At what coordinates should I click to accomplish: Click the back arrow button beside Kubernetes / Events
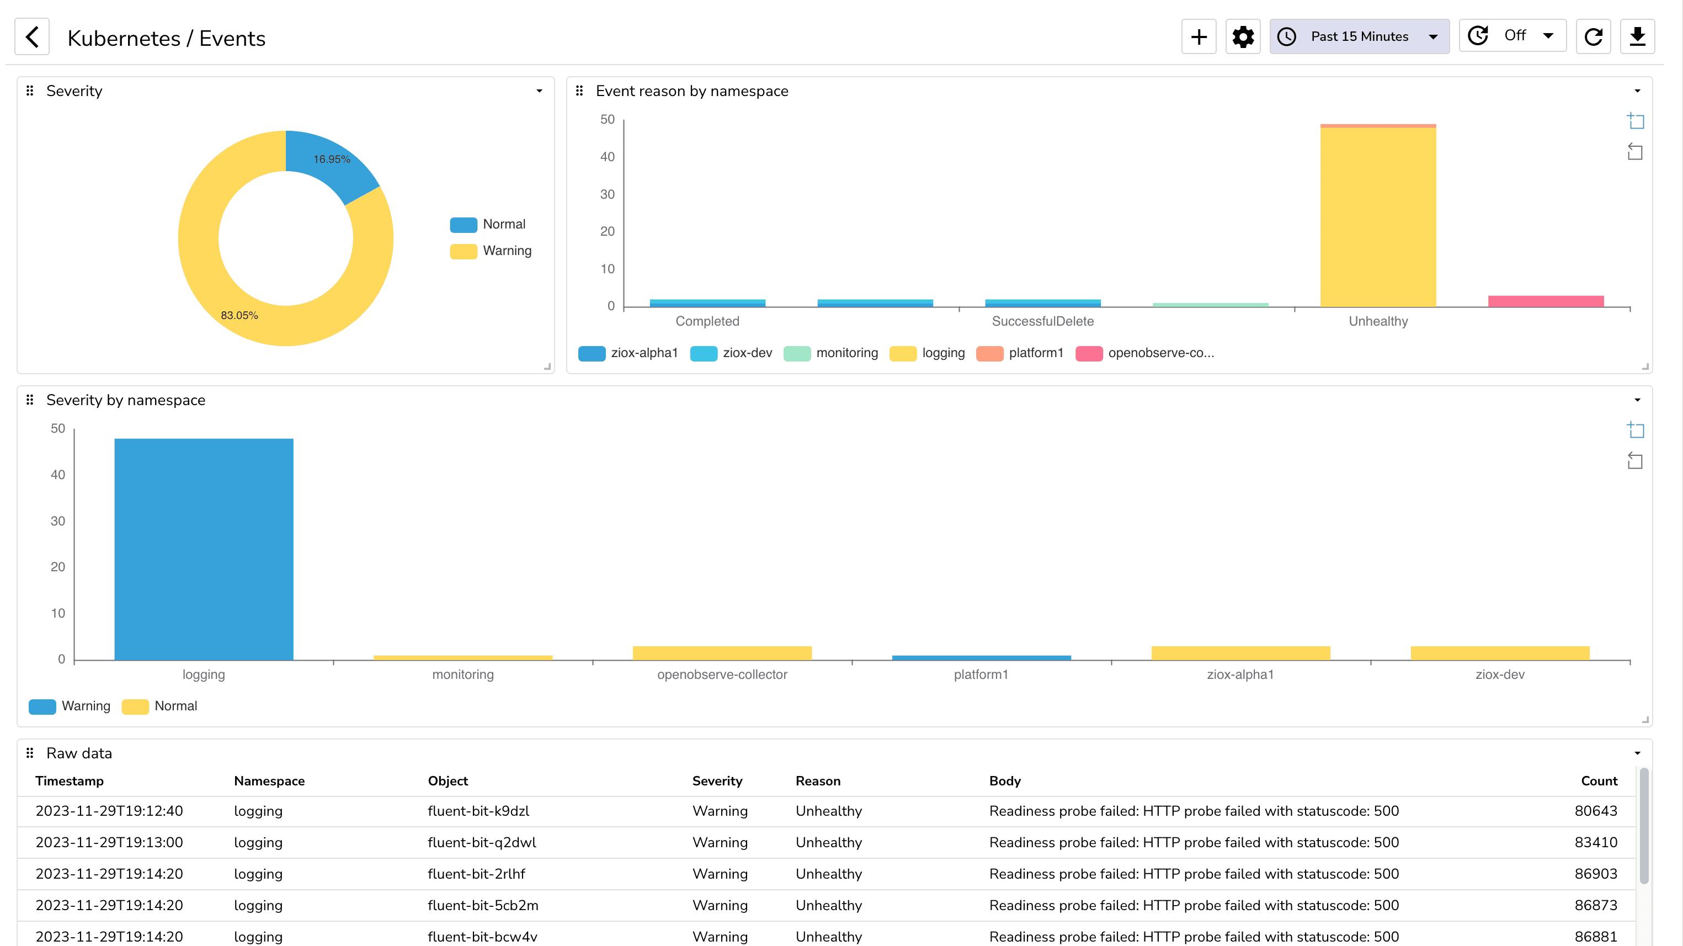[32, 36]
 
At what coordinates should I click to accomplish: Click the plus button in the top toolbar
[1198, 36]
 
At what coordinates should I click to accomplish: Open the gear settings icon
[1243, 36]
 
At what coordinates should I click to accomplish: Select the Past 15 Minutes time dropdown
[1359, 36]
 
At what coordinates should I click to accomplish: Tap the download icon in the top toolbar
[1637, 36]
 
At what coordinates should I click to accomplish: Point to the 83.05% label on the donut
[239, 315]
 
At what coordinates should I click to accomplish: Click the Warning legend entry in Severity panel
[507, 251]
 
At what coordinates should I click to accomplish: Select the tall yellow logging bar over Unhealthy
[1378, 216]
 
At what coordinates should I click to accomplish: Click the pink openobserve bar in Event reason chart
[1545, 301]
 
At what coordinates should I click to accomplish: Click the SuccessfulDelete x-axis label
[1042, 321]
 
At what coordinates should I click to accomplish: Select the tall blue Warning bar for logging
[203, 549]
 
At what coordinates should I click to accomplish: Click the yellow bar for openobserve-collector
[722, 653]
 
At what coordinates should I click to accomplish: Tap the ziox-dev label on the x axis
[1499, 674]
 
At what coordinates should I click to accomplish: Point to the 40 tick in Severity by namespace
[57, 475]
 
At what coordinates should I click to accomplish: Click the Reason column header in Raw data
[817, 781]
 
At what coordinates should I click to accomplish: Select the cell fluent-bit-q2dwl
[482, 842]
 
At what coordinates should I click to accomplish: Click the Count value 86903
[1595, 874]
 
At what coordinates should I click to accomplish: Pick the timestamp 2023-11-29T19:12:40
[109, 811]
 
